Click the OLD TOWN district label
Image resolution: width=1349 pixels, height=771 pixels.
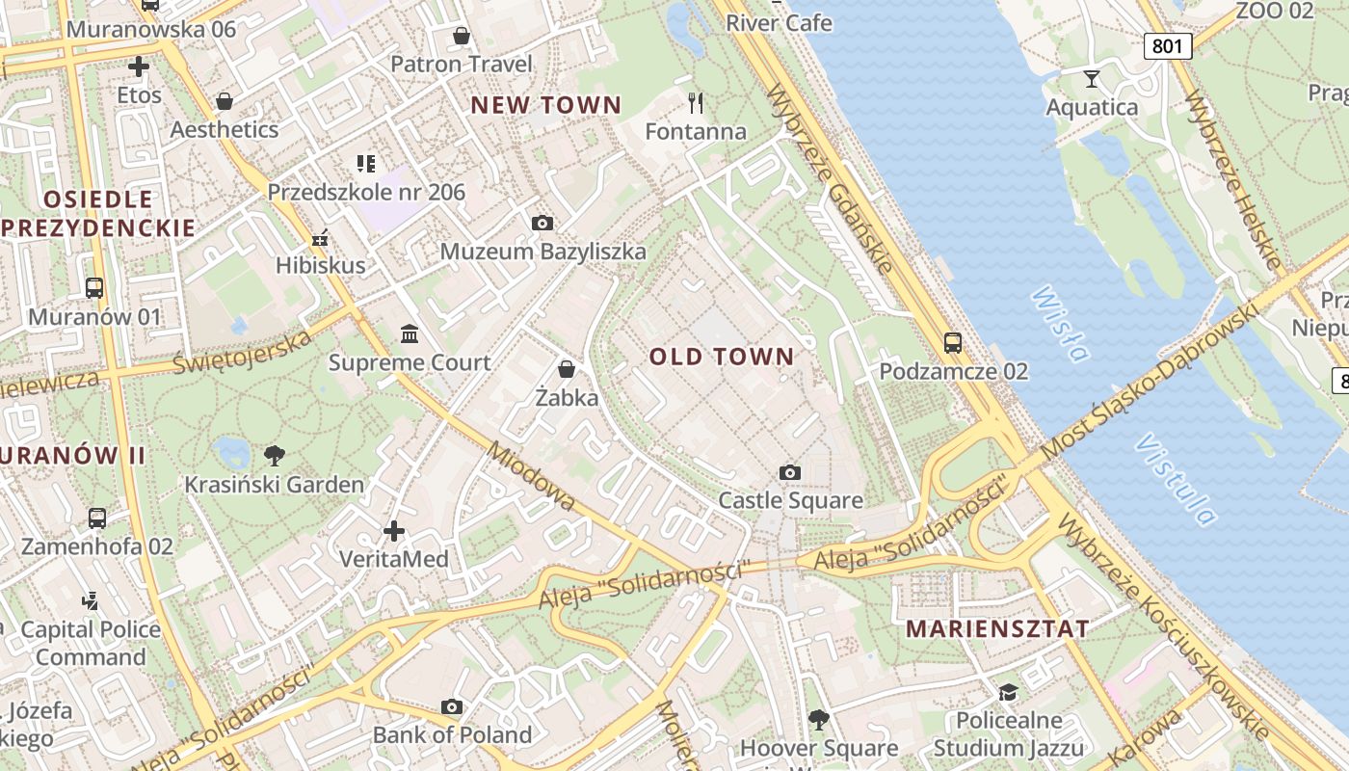(722, 357)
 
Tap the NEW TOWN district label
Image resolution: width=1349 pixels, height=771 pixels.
(545, 105)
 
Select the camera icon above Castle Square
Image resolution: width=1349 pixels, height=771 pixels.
(790, 472)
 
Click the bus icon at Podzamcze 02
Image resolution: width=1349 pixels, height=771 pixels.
(953, 342)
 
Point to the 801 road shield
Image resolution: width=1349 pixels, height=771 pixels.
(1169, 45)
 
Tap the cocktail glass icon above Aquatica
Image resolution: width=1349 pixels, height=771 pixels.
(1092, 78)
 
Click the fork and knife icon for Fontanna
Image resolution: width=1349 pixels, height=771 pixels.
(696, 102)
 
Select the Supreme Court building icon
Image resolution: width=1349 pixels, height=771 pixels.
(410, 333)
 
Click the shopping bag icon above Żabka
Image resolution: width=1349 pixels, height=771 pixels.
(567, 369)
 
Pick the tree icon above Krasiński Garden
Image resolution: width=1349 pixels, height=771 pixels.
(275, 455)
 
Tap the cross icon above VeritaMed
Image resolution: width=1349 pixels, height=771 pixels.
(394, 531)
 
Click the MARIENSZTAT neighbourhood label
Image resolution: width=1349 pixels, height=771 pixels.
(998, 629)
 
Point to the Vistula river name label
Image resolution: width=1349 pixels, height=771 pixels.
(1176, 479)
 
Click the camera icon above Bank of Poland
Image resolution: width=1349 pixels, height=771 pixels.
(452, 706)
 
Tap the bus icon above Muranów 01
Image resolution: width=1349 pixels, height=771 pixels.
(94, 287)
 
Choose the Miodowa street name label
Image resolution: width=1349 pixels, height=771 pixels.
(532, 476)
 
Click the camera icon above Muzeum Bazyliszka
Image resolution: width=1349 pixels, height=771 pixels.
(542, 223)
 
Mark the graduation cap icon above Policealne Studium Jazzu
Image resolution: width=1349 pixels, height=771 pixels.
(1009, 692)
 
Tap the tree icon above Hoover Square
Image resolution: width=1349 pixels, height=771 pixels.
(819, 719)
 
